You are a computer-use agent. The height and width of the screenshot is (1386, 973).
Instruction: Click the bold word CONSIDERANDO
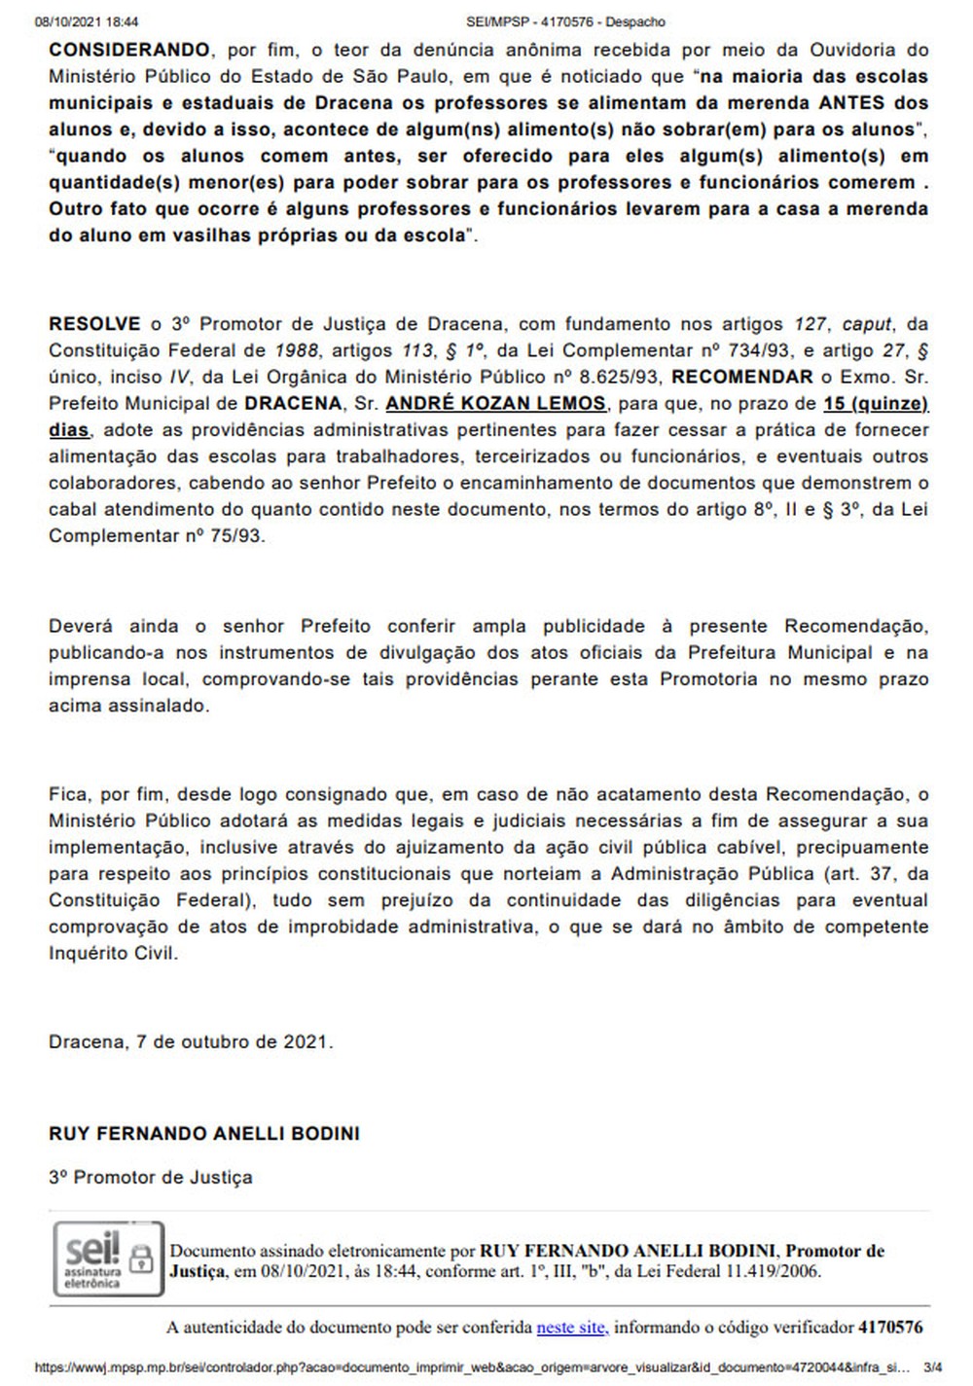[x=129, y=50]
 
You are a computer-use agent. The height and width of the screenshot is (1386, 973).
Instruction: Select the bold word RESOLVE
[x=93, y=324]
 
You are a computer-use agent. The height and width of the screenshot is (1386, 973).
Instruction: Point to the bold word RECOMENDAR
[x=742, y=377]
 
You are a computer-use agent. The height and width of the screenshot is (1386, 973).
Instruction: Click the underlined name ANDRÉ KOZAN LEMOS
[x=496, y=404]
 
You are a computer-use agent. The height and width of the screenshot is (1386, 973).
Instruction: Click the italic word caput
[x=867, y=324]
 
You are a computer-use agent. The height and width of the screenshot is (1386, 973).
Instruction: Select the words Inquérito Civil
[x=113, y=953]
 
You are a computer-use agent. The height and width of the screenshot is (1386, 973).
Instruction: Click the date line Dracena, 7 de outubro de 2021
[x=191, y=1041]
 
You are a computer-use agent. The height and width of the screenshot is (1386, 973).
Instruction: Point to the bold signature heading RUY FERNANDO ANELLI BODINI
[x=204, y=1134]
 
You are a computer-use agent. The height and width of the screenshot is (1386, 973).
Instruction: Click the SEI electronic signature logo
[x=92, y=1258]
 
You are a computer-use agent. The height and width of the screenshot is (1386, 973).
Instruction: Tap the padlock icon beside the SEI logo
[x=142, y=1257]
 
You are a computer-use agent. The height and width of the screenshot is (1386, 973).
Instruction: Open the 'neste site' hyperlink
[x=572, y=1327]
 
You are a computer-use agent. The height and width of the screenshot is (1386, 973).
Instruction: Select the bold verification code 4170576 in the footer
[x=890, y=1327]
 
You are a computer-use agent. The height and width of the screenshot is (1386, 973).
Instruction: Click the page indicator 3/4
[x=932, y=1368]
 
